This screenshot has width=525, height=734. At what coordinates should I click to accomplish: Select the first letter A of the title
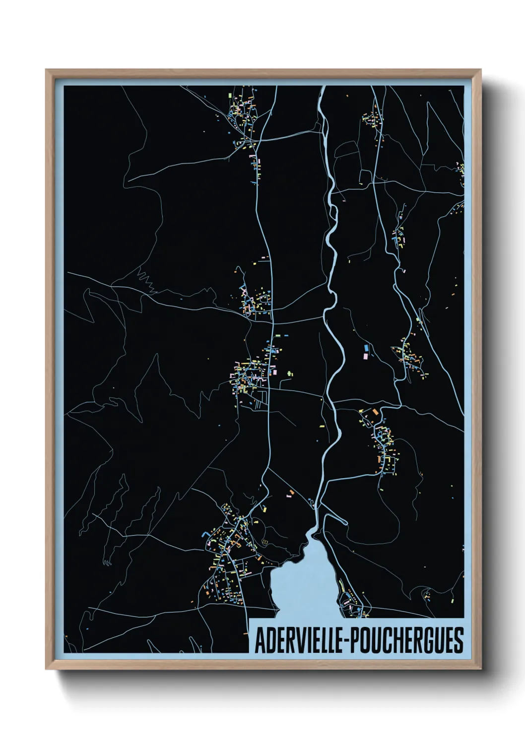click(x=260, y=641)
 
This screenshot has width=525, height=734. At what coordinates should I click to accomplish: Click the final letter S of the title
click(x=459, y=640)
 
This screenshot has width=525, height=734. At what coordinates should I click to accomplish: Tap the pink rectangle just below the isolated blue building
click(x=366, y=356)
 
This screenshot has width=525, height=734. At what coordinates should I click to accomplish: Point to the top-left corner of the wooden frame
click(x=47, y=70)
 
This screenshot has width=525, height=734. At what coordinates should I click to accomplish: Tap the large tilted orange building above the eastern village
click(x=375, y=411)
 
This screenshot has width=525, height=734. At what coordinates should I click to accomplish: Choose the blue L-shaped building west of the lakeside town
click(x=204, y=534)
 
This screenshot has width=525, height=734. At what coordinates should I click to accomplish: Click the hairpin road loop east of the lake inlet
click(x=311, y=504)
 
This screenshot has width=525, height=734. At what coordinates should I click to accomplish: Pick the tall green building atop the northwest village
click(x=229, y=94)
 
